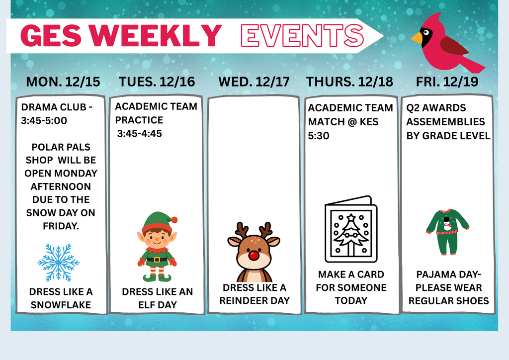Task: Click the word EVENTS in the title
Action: [302, 35]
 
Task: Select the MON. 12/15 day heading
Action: [63, 82]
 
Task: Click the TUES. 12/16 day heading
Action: [157, 82]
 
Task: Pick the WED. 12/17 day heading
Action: [254, 82]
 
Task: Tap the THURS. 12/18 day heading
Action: [349, 82]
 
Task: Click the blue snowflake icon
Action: [59, 263]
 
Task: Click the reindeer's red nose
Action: [254, 256]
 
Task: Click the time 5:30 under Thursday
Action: [319, 135]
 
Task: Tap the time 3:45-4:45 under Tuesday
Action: [140, 133]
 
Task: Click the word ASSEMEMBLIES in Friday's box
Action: [445, 121]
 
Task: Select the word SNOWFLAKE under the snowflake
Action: [61, 305]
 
